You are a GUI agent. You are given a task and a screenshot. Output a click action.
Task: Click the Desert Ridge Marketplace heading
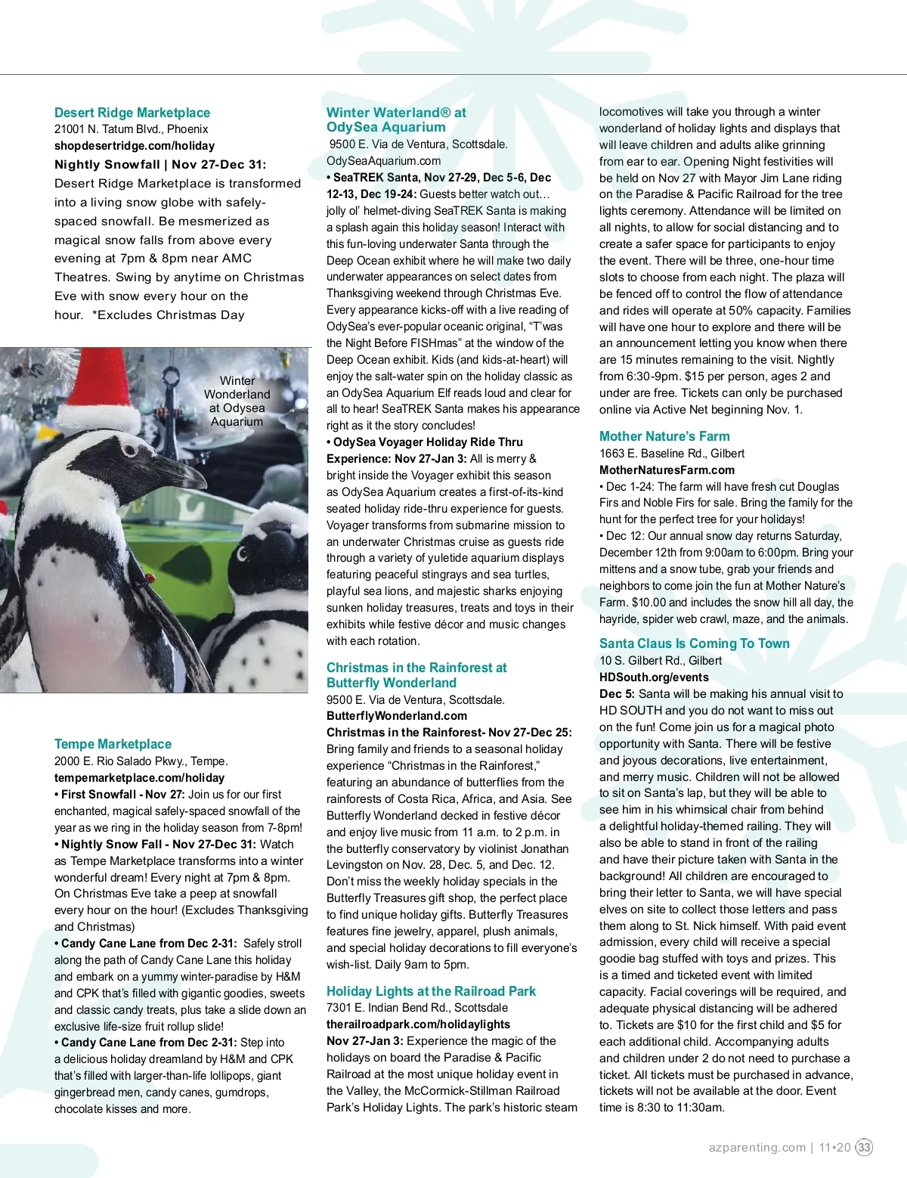(132, 113)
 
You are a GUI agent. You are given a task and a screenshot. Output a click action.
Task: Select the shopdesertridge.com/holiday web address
(135, 146)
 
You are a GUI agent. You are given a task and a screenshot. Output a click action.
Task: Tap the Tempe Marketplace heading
(113, 744)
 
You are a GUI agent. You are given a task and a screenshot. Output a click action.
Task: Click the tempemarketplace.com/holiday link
(139, 777)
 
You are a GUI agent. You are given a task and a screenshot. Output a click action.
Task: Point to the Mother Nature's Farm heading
(664, 436)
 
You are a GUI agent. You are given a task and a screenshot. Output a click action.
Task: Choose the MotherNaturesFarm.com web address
(667, 470)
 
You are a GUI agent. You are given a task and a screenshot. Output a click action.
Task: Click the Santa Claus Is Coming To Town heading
(694, 643)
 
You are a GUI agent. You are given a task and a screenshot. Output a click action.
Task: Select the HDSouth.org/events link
(654, 677)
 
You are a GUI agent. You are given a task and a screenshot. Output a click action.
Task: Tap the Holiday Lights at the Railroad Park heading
(431, 991)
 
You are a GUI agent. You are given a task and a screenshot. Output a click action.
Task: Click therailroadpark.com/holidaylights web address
(418, 1024)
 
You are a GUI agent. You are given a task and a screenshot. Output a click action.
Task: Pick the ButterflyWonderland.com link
(397, 715)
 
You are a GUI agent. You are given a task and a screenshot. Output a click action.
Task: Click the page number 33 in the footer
(864, 1147)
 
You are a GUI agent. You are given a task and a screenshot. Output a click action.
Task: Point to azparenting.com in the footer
(757, 1147)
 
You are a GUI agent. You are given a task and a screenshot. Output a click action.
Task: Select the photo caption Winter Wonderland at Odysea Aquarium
(237, 401)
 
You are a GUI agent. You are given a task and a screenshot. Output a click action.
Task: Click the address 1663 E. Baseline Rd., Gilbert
(672, 453)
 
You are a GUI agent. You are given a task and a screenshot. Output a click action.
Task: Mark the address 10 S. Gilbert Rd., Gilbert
(660, 660)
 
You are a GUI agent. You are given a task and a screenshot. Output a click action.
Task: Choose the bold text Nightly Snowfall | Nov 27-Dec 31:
(160, 164)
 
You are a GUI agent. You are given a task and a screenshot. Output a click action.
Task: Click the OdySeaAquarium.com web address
(383, 160)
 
